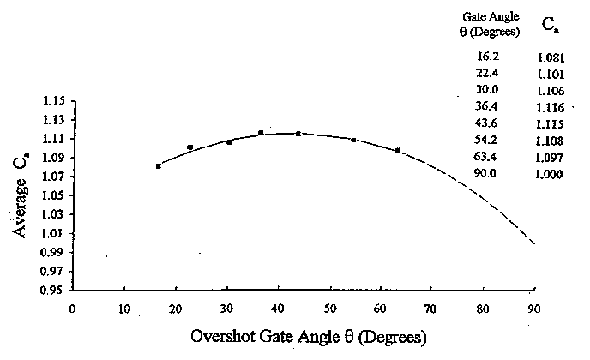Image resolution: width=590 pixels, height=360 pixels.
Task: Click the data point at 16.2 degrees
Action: point(159,165)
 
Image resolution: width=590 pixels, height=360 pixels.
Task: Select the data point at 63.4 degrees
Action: point(398,151)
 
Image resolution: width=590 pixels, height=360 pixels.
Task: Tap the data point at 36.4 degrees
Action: point(261,133)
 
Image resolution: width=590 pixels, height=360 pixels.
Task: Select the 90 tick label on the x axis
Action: point(534,309)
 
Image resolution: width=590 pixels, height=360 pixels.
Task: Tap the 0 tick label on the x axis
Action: point(74,309)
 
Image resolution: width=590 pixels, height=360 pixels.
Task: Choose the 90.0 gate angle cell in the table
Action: point(487,173)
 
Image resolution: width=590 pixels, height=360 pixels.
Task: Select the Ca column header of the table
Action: point(549,26)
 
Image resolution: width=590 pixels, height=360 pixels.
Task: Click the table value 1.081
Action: point(549,58)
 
